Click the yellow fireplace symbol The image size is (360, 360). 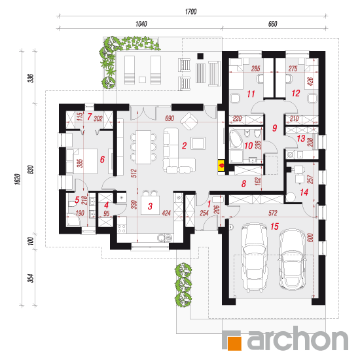(221, 166)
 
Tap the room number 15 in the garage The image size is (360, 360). (274, 226)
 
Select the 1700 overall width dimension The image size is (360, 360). (190, 12)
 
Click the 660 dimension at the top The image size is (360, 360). (273, 24)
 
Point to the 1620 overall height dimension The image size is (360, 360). (18, 179)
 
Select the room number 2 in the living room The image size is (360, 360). (184, 145)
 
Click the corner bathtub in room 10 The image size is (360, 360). (235, 139)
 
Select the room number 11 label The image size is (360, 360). (251, 94)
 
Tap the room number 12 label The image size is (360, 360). (296, 93)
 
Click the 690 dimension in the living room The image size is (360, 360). (170, 118)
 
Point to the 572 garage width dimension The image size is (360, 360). (273, 213)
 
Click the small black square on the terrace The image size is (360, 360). (201, 56)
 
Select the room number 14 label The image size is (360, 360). (304, 192)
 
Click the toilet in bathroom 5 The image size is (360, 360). (71, 204)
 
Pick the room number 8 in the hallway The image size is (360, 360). (243, 184)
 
